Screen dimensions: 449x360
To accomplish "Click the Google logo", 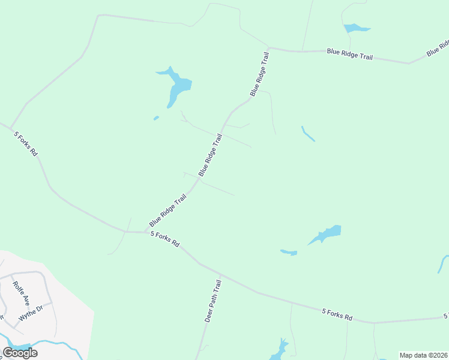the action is coord(20,353).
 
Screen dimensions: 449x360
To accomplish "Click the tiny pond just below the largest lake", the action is coord(156,118).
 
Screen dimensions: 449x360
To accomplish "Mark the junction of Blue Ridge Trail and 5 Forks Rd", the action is coord(145,232).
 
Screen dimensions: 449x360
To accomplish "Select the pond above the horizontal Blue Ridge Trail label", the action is coord(356,28).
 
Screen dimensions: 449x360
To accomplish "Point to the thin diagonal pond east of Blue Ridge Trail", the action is coord(308,134).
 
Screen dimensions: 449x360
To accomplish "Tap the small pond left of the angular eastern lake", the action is coord(289,252).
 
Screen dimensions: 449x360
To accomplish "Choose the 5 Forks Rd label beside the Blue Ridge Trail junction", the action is coord(165,239).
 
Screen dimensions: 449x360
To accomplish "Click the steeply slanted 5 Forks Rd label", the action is coord(26,144).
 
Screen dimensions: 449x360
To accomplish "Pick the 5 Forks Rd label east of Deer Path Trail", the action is coord(337,314).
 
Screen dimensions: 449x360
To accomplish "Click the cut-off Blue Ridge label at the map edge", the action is coord(439,48).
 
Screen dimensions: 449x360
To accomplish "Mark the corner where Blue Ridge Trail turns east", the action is coord(268,47).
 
